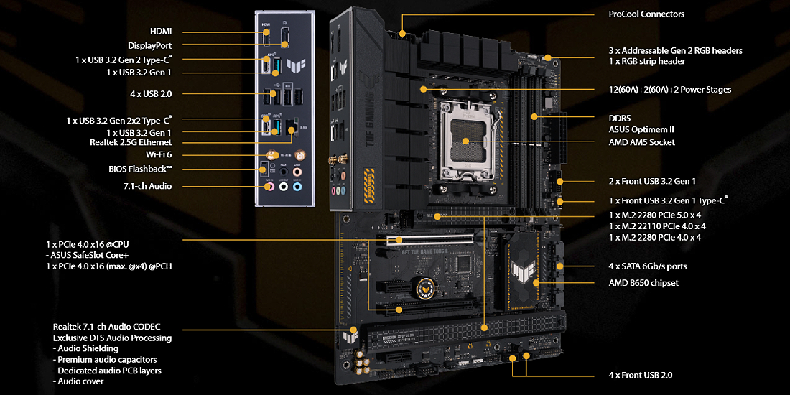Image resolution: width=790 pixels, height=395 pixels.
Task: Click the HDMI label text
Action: [161, 32]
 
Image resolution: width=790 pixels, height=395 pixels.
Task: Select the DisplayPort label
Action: [149, 45]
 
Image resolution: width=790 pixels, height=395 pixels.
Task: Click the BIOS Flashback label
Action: [140, 168]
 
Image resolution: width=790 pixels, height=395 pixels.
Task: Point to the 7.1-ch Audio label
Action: [147, 187]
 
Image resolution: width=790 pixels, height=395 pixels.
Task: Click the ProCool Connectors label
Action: [646, 14]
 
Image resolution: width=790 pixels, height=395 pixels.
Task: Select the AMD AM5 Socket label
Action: [641, 143]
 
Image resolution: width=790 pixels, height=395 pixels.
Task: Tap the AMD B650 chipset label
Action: [643, 283]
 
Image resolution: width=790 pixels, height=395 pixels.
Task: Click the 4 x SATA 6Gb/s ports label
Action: [647, 266]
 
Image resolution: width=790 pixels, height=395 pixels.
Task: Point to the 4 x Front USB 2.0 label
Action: [641, 376]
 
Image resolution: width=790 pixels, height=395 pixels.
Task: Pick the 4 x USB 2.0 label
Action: [150, 93]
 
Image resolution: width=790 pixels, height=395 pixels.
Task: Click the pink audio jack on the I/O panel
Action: [270, 187]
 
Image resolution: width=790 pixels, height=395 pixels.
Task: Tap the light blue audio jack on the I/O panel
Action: [297, 187]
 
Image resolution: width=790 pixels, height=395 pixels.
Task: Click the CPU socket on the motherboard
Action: [465, 142]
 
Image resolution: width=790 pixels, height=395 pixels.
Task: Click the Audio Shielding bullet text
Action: [85, 348]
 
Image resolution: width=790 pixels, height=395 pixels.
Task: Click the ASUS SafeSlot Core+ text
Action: [86, 255]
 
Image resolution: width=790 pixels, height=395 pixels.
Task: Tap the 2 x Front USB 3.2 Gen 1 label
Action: [649, 182]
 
